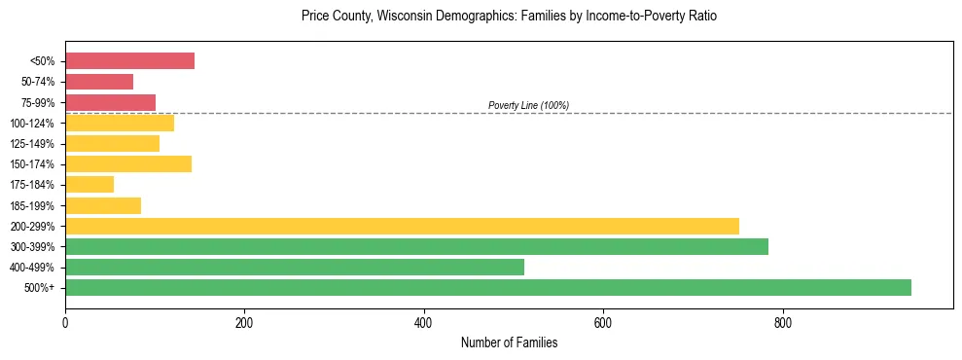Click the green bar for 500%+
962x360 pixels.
point(487,287)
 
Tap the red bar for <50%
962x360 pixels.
point(129,61)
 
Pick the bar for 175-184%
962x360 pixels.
point(89,185)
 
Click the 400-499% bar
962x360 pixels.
point(295,267)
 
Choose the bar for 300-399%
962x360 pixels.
point(416,246)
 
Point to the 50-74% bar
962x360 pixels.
point(99,82)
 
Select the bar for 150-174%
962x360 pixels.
point(128,163)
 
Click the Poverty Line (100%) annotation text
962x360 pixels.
point(528,105)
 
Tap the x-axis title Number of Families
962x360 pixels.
point(509,342)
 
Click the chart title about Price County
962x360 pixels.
point(509,18)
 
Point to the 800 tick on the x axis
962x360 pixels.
point(782,322)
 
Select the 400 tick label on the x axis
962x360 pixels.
point(424,322)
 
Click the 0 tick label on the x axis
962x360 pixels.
point(65,322)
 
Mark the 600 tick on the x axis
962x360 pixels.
point(603,322)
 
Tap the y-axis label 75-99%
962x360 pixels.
point(43,103)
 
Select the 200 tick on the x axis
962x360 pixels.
point(244,322)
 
